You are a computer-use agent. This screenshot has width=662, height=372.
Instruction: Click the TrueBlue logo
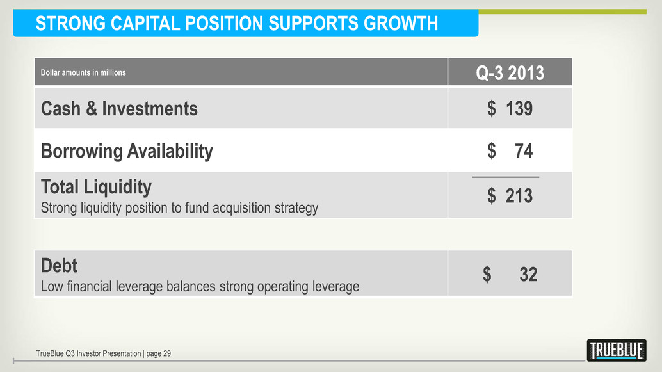point(617,350)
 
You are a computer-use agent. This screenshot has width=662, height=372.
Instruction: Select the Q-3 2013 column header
point(510,72)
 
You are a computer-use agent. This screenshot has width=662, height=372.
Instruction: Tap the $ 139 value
point(510,108)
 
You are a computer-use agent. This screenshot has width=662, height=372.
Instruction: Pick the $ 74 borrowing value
point(510,150)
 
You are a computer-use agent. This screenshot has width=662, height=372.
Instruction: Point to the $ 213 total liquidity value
point(510,196)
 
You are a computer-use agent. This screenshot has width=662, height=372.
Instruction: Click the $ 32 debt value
point(510,275)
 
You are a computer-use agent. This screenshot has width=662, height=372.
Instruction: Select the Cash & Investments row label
point(119,108)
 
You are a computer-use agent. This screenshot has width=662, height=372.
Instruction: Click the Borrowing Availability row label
point(127,151)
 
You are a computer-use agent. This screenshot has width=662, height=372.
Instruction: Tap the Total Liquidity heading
point(96,187)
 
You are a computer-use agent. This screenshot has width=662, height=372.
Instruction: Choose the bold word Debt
point(59,266)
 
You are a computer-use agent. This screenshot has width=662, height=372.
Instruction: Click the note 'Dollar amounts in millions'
point(83,72)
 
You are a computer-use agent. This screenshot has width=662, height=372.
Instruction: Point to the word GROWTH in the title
point(401,23)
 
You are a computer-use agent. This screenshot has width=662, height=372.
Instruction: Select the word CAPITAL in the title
point(145,23)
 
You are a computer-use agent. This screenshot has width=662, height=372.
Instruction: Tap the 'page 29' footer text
point(158,354)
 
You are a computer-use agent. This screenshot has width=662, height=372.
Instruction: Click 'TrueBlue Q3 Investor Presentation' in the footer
point(88,353)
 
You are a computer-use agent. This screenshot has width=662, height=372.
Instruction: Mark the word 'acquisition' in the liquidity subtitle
point(242,208)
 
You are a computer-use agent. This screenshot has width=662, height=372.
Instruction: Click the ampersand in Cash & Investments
point(92,108)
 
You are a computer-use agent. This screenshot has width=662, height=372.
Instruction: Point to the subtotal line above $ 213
point(505,177)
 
